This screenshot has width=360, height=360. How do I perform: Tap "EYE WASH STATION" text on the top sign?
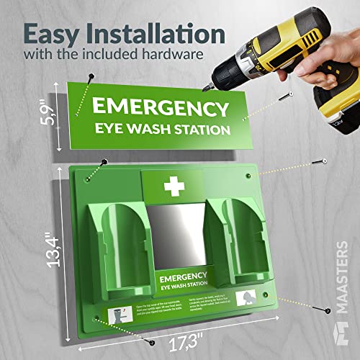[165, 130]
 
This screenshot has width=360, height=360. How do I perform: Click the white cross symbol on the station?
[174, 186]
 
